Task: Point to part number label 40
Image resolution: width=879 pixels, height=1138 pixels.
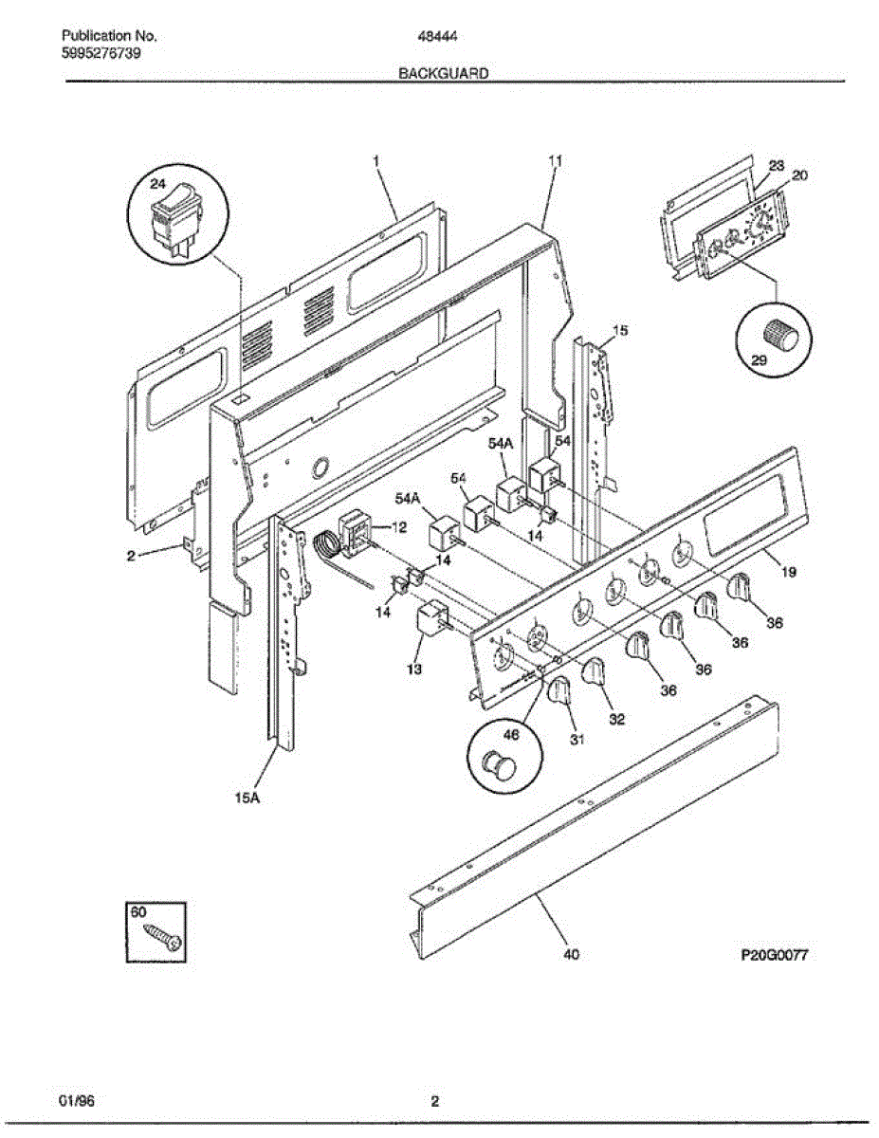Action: tap(570, 955)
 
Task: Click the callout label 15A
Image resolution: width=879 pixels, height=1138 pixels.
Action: tap(247, 798)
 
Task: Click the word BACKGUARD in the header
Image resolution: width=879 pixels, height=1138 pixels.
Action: tap(443, 72)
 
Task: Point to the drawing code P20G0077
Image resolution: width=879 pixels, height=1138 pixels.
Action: tap(774, 956)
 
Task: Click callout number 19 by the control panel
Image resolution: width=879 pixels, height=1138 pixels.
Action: tap(789, 572)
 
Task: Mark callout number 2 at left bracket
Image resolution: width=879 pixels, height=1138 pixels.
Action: tap(131, 557)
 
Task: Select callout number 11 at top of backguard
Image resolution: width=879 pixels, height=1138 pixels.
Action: tap(556, 160)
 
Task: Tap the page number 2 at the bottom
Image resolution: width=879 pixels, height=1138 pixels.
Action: tap(434, 1102)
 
